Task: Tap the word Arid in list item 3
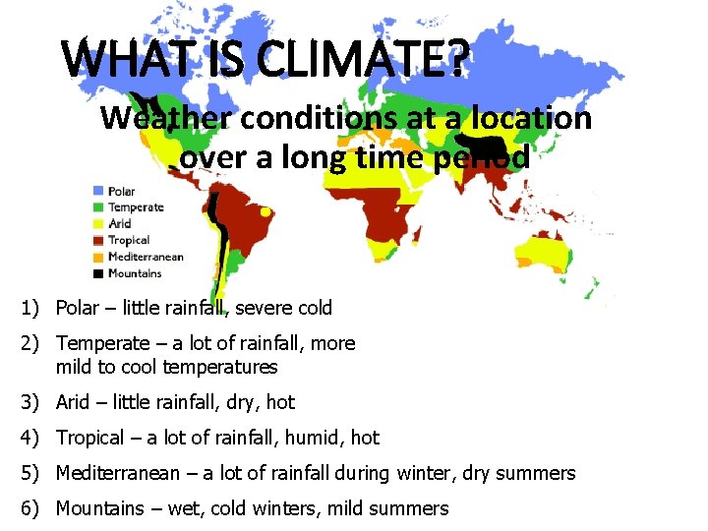73,402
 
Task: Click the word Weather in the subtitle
166,118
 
